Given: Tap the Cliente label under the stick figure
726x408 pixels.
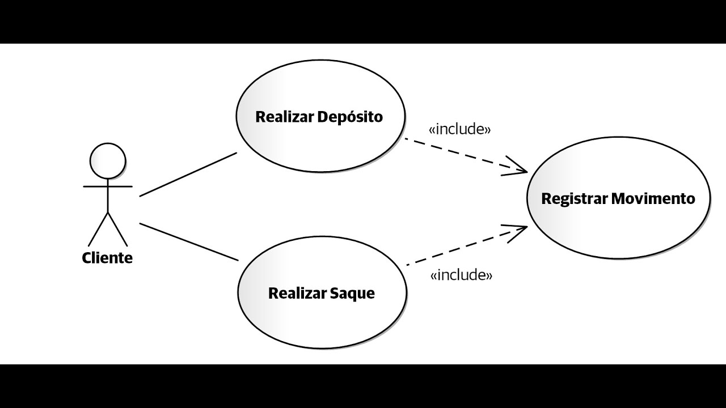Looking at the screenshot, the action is coord(107,258).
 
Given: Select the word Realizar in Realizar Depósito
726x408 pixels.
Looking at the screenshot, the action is coord(284,117).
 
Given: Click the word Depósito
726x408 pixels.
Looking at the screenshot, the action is coord(350,117).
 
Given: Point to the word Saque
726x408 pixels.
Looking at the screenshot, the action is coord(352,294).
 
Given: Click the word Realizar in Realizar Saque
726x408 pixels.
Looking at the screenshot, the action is coord(297,294).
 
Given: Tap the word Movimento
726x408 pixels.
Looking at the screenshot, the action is coord(653,198).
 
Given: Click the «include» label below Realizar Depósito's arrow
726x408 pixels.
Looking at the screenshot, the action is coord(459,129).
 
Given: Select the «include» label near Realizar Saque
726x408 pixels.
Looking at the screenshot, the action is coord(461,275).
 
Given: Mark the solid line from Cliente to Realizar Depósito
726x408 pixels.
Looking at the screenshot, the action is coord(188,175).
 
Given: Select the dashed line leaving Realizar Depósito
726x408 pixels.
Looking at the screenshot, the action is coord(466,155).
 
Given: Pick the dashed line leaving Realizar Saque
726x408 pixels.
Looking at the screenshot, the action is coord(467,246).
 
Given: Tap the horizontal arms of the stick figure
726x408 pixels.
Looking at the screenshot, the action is coord(108,186).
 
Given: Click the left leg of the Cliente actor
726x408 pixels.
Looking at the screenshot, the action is coord(98,229).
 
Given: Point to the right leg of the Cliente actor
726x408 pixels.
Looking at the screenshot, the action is coord(117,229).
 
